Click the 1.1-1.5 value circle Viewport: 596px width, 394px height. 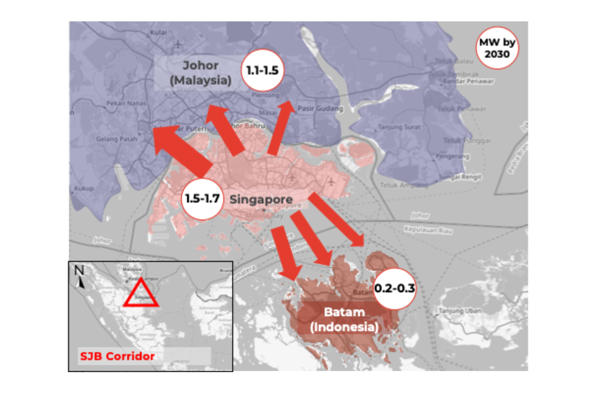(x=262, y=70)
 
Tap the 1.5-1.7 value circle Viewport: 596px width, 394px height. (x=203, y=199)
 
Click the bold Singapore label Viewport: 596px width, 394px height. (x=261, y=200)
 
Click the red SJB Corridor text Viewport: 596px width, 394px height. (x=117, y=356)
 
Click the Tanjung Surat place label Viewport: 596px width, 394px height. (x=399, y=127)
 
